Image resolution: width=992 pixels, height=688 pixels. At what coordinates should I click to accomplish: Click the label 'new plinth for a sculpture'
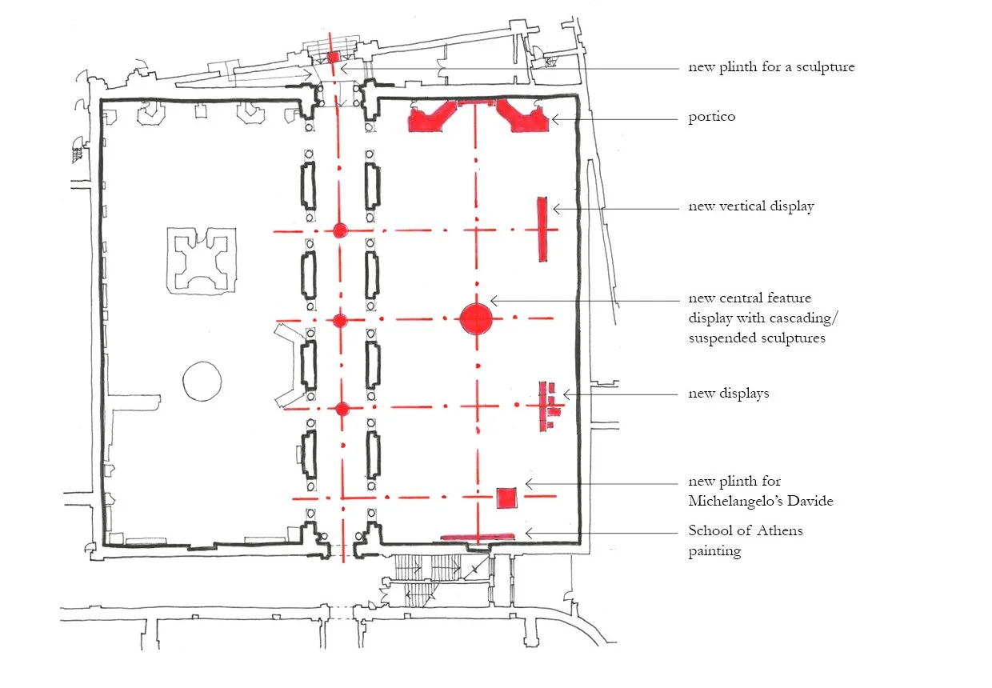click(771, 66)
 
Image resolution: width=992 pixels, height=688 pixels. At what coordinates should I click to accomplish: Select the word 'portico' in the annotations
click(711, 118)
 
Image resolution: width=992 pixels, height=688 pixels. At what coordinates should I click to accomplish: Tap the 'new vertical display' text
click(751, 206)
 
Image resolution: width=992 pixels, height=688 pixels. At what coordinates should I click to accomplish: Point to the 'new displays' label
click(728, 393)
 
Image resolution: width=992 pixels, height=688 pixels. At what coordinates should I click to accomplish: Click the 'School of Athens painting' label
click(746, 540)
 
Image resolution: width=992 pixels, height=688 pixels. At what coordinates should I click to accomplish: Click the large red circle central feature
click(476, 318)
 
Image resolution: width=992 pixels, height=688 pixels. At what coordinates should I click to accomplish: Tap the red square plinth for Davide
click(506, 498)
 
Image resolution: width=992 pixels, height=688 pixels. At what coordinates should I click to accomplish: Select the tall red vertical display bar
click(542, 229)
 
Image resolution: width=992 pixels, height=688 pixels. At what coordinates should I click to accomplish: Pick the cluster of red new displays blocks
click(550, 406)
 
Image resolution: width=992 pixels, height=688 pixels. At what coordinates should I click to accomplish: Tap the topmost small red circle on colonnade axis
click(340, 231)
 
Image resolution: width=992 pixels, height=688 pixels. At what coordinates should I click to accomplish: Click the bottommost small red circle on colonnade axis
click(342, 409)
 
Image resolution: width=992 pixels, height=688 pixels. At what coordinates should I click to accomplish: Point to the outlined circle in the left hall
click(201, 380)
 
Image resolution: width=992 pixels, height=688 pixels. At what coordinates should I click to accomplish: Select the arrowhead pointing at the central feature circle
click(493, 300)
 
